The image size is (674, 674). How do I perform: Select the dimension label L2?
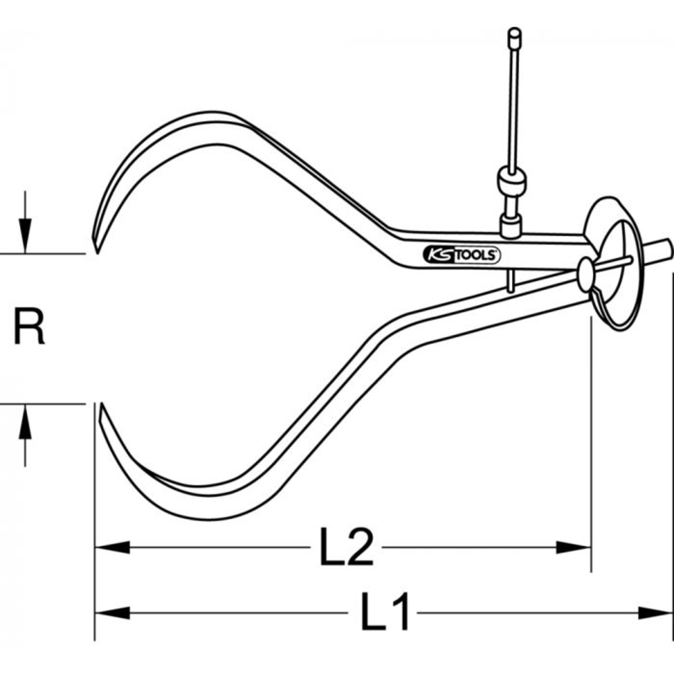click(346, 547)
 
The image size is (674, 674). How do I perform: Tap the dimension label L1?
click(385, 612)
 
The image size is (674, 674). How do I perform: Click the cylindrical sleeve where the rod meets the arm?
click(510, 226)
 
